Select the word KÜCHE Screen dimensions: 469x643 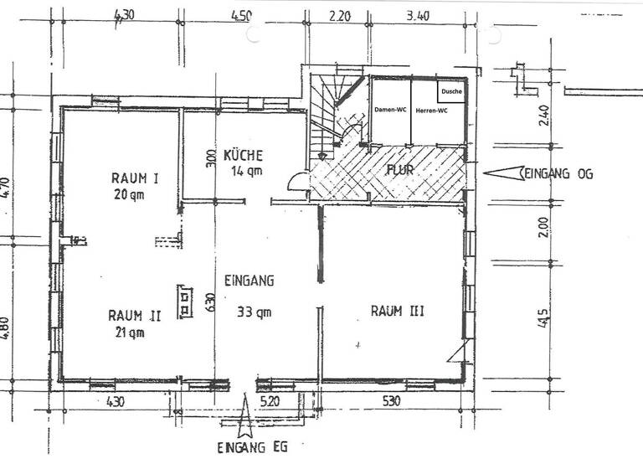pyautogui.click(x=244, y=155)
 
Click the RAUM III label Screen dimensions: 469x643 pyautogui.click(x=397, y=312)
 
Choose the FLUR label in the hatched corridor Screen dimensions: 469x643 pyautogui.click(x=400, y=171)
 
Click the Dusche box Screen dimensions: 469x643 pyautogui.click(x=450, y=91)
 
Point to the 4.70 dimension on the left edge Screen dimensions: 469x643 pyautogui.click(x=5, y=193)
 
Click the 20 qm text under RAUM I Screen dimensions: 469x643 pyautogui.click(x=130, y=194)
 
